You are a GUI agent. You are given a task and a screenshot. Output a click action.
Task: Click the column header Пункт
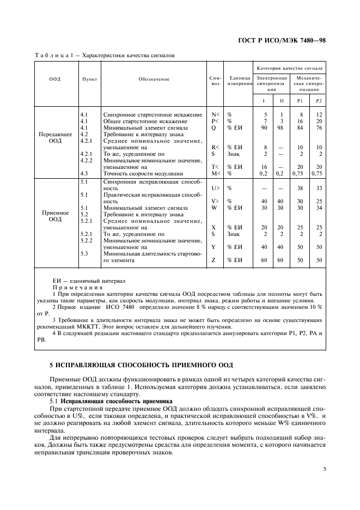[89, 78]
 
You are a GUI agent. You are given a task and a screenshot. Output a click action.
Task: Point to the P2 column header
[318, 100]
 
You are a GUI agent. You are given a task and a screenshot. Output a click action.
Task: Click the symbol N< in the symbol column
[215, 115]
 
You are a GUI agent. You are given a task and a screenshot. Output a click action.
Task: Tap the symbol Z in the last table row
[213, 260]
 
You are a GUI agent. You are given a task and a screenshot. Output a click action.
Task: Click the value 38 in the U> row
[300, 187]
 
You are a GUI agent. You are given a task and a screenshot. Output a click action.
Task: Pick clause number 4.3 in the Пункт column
[84, 173]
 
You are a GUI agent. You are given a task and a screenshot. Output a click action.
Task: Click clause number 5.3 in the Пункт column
[84, 253]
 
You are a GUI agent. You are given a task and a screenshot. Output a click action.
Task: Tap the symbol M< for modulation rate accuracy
[215, 173]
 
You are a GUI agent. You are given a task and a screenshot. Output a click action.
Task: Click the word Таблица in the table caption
[51, 56]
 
